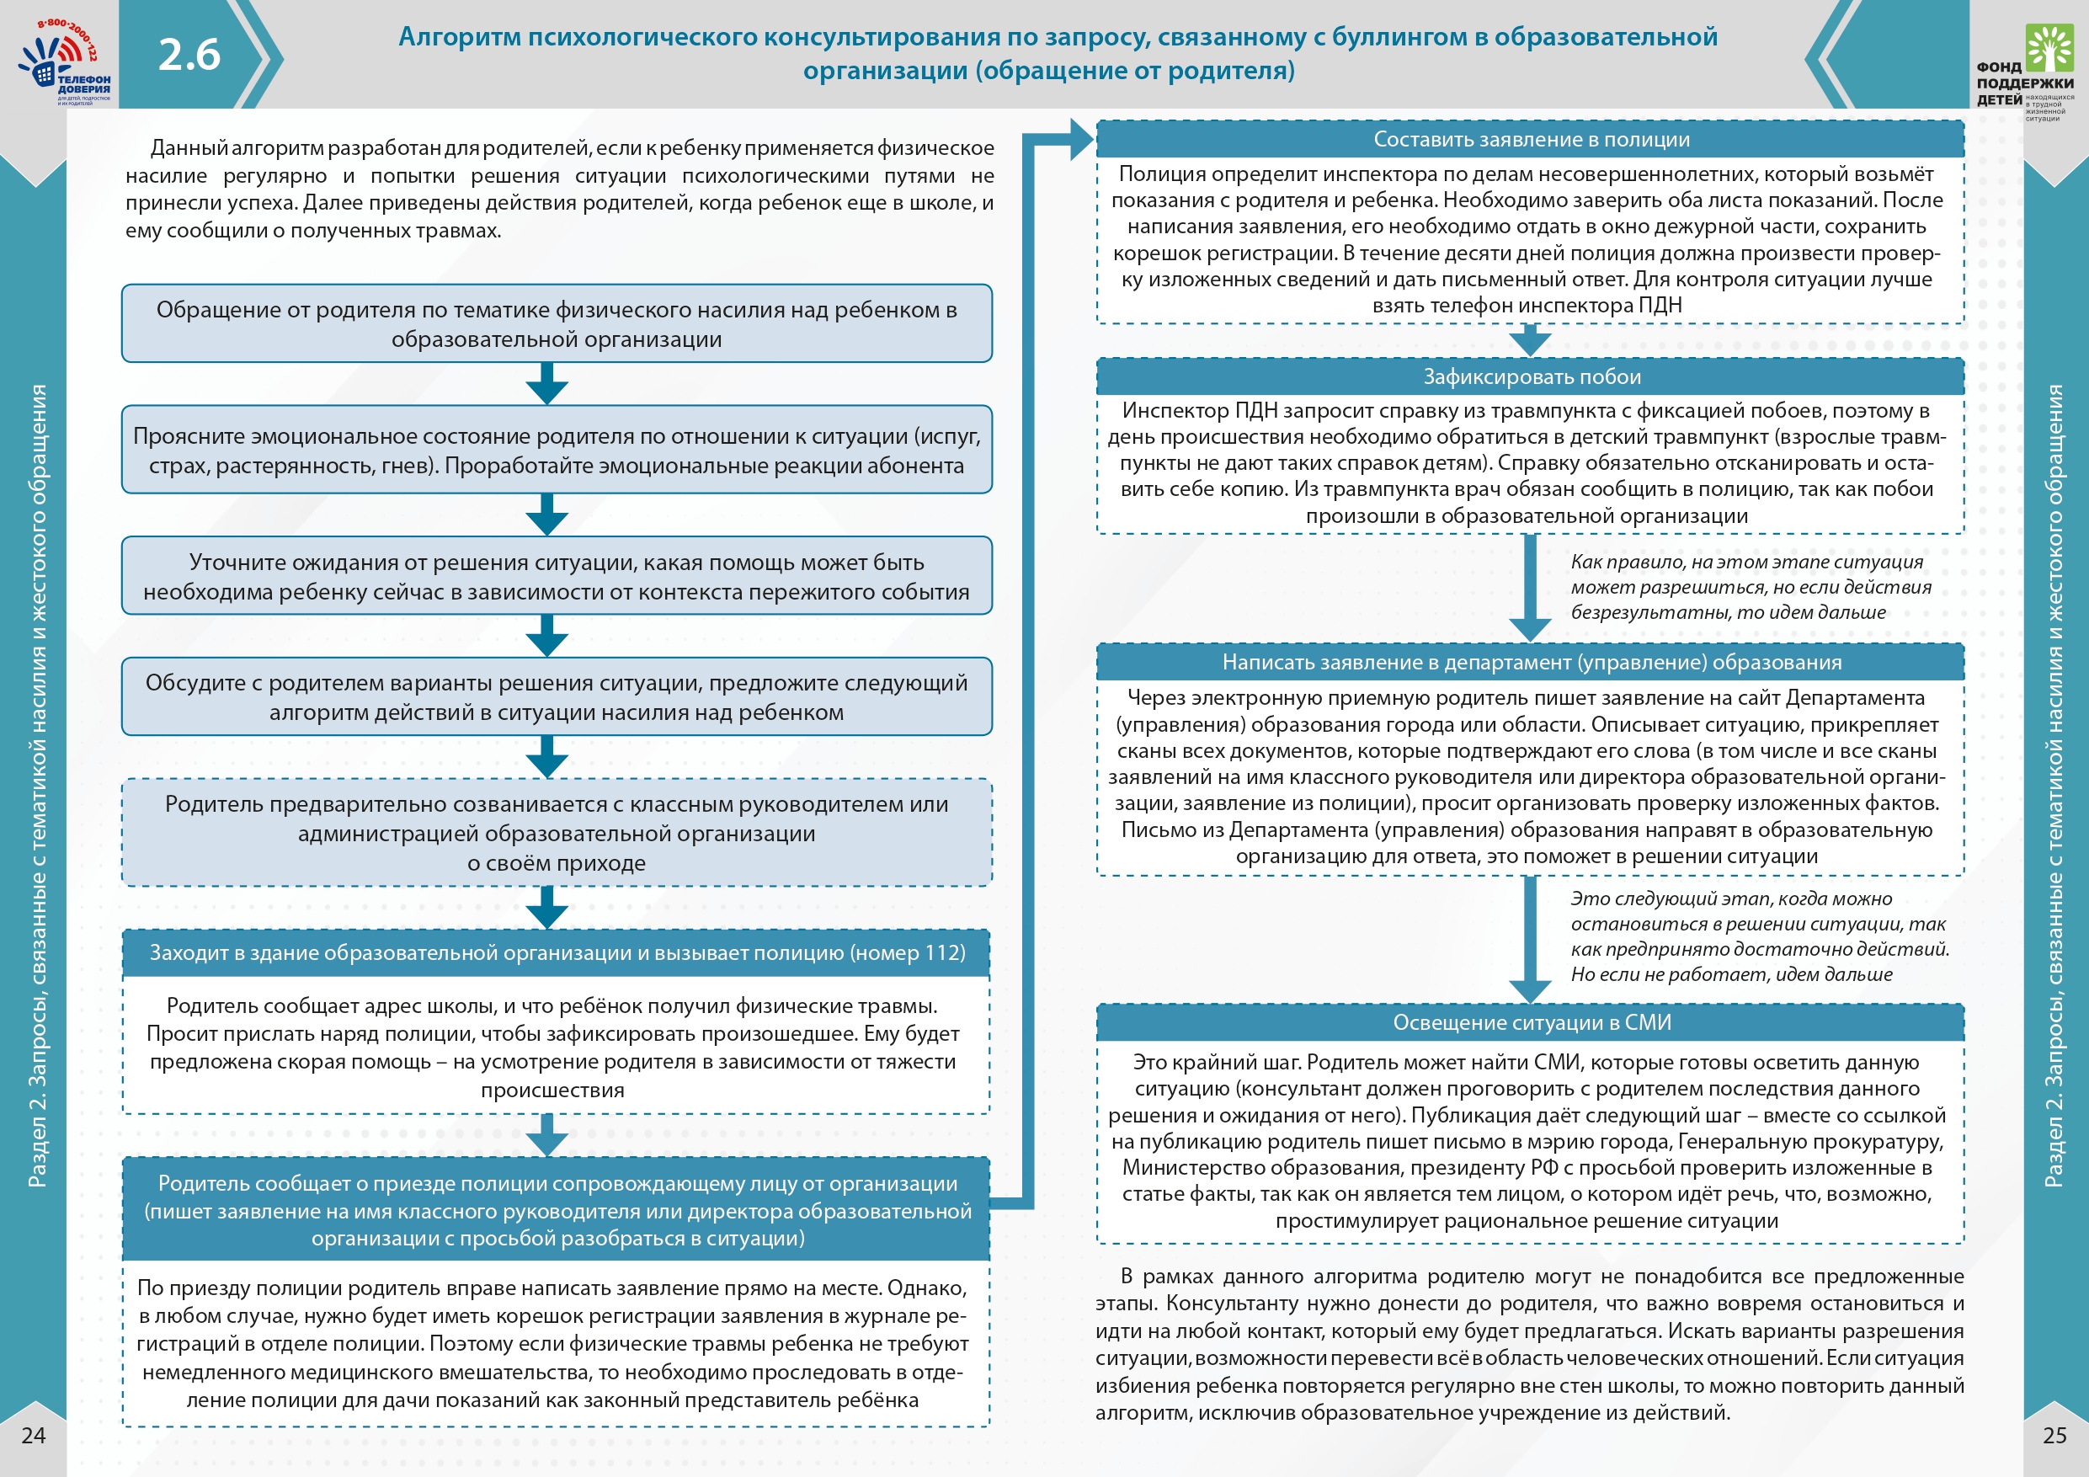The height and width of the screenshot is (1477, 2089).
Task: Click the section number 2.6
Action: point(189,55)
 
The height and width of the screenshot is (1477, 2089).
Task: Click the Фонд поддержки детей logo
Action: point(2025,72)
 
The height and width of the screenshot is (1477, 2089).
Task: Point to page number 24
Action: point(33,1435)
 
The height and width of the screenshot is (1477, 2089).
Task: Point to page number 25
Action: point(2054,1435)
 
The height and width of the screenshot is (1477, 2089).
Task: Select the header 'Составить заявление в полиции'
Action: point(1531,139)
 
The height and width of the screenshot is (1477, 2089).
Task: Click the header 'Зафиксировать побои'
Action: point(1531,376)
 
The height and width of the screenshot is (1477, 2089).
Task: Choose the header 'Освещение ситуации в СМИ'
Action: point(1531,1022)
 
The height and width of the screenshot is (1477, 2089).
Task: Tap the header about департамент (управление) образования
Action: point(1531,663)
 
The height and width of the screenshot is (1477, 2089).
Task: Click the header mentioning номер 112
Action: point(557,953)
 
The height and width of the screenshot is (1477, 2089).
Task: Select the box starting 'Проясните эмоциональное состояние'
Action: point(557,451)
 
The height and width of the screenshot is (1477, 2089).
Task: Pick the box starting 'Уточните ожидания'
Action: point(557,576)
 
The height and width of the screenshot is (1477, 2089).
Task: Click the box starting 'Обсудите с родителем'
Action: point(557,697)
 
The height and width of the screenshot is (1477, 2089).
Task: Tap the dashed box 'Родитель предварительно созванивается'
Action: point(557,833)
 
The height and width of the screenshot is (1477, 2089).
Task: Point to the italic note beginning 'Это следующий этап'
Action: point(1758,936)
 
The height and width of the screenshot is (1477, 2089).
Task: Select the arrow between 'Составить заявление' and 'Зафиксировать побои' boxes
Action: point(1531,341)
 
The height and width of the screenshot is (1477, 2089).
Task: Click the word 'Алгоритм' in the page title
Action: point(461,36)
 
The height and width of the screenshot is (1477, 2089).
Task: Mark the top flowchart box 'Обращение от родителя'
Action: point(557,324)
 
